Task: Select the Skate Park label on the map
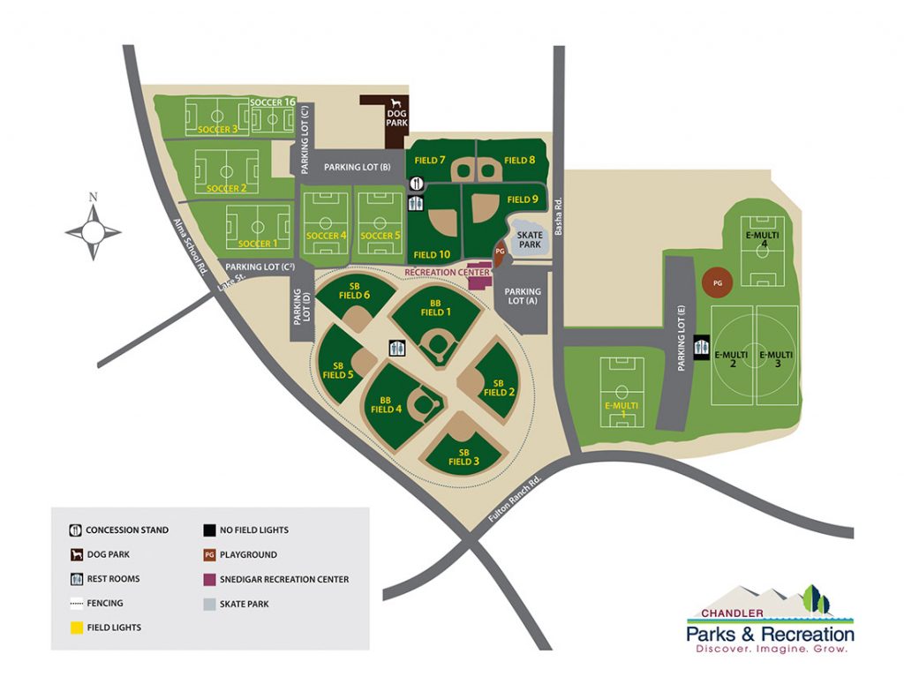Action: [x=529, y=240]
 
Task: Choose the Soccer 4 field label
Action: [x=326, y=236]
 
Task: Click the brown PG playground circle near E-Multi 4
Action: [x=717, y=282]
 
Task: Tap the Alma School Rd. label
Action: [x=189, y=250]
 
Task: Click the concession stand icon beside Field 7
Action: [x=418, y=183]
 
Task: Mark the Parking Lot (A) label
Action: [x=522, y=296]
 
